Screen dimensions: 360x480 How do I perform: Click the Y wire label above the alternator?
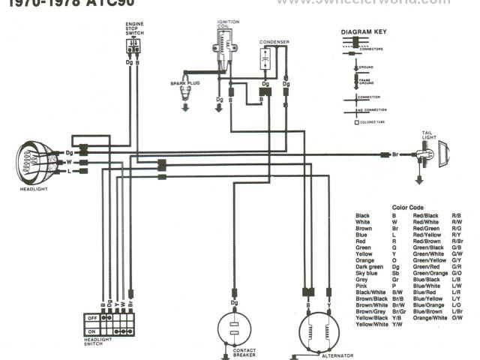click(328, 307)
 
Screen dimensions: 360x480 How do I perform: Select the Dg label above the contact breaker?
click(234, 301)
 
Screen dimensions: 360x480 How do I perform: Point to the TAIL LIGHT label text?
click(429, 136)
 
